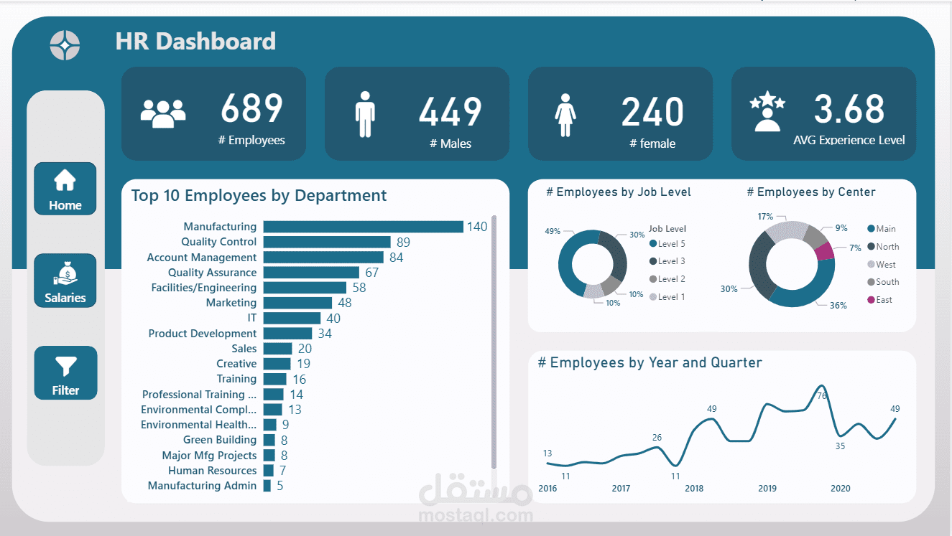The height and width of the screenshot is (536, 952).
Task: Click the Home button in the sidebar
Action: (x=65, y=189)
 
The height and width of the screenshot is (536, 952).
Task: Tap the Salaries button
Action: (x=65, y=281)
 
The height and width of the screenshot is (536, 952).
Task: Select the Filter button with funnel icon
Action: (x=65, y=373)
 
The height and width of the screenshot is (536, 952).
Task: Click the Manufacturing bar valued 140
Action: (x=363, y=227)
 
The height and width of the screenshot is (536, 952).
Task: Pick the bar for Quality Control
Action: (x=326, y=243)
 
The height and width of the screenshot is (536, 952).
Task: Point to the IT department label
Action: (x=251, y=318)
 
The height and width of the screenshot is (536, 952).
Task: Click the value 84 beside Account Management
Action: (x=396, y=258)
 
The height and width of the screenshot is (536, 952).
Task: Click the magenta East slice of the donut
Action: (x=824, y=251)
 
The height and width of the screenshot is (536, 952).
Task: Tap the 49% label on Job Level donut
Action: (x=553, y=231)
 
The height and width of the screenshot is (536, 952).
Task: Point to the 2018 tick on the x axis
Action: (x=694, y=489)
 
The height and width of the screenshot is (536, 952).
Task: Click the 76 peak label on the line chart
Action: (x=822, y=395)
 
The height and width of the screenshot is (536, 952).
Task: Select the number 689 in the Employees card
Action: (x=251, y=109)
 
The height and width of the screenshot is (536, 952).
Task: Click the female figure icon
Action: (x=565, y=115)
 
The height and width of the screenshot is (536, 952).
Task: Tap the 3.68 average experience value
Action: (x=849, y=109)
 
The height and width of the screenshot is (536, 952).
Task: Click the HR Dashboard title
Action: (x=195, y=42)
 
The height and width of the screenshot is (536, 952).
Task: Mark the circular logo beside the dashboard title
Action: (x=65, y=45)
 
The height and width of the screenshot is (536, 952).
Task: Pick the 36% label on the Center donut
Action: (x=838, y=306)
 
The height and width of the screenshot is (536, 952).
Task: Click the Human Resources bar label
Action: (x=212, y=471)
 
